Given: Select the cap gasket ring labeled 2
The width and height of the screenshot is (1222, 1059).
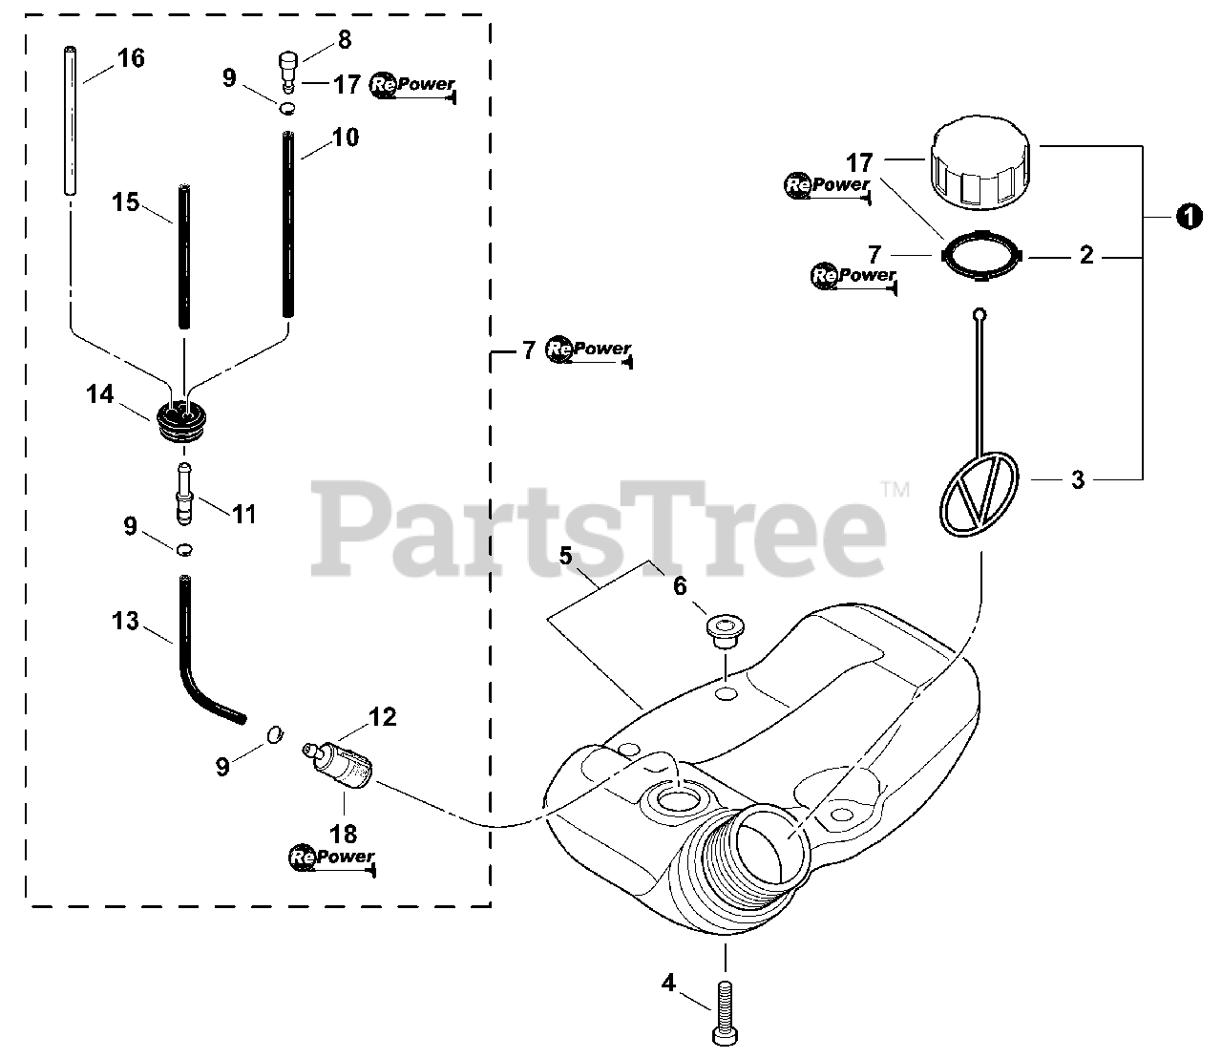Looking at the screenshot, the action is coord(980,256).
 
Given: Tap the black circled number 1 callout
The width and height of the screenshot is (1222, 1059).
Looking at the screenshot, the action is coord(1188,218).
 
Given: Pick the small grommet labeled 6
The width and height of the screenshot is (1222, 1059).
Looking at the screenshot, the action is coord(724,630).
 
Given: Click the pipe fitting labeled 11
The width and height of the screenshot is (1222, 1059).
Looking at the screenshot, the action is coord(183,490).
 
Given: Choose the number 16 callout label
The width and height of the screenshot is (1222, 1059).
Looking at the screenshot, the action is coord(131,58).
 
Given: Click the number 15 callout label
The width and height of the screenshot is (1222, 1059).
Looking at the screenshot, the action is coord(125,202).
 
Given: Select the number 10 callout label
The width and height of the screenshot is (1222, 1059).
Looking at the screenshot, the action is coord(346,138).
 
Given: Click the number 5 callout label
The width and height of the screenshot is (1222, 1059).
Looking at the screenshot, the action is coord(565,555).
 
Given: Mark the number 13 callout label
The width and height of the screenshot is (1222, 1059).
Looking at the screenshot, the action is coord(125,622).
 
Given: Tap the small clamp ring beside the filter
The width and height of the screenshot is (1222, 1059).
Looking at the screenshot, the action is coord(273,733).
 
